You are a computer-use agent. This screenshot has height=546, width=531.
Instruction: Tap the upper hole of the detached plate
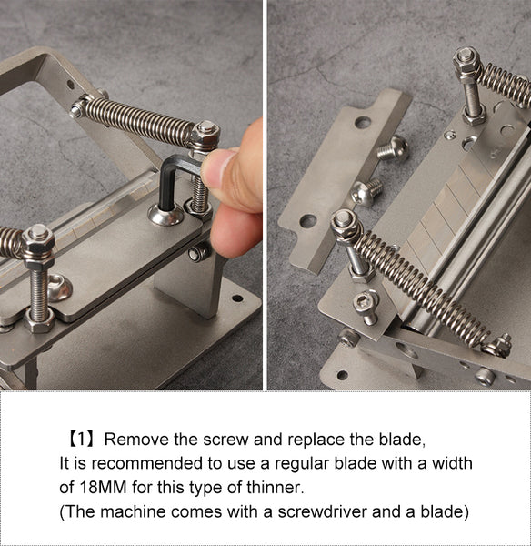[363, 122]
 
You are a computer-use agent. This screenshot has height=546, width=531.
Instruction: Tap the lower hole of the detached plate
[308, 220]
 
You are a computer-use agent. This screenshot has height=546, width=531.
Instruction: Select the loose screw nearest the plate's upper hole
[393, 149]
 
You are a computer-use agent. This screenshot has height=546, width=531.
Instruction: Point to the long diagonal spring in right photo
[418, 282]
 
